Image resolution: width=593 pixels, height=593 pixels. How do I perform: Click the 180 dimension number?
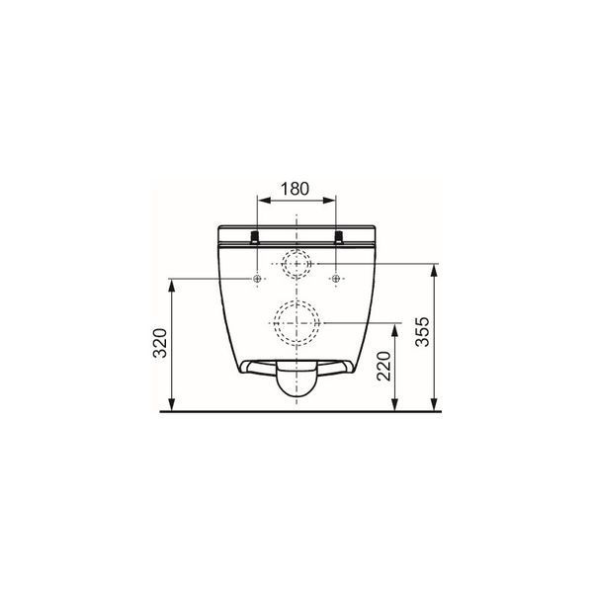[x=295, y=189]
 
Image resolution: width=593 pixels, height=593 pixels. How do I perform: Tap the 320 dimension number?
[x=160, y=343]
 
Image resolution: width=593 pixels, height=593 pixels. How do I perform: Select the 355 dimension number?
[x=422, y=332]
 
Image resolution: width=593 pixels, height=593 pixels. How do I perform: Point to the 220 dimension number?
[x=383, y=366]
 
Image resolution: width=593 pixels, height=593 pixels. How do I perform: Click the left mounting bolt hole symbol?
[x=257, y=279]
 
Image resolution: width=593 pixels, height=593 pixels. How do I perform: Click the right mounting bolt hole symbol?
[x=336, y=279]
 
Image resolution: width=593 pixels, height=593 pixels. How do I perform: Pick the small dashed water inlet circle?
[x=296, y=263]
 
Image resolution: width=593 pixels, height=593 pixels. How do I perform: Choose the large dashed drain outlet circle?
[x=296, y=323]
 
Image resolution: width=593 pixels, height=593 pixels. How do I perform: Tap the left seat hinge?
[x=255, y=237]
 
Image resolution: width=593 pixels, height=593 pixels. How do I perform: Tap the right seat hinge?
[x=339, y=237]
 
